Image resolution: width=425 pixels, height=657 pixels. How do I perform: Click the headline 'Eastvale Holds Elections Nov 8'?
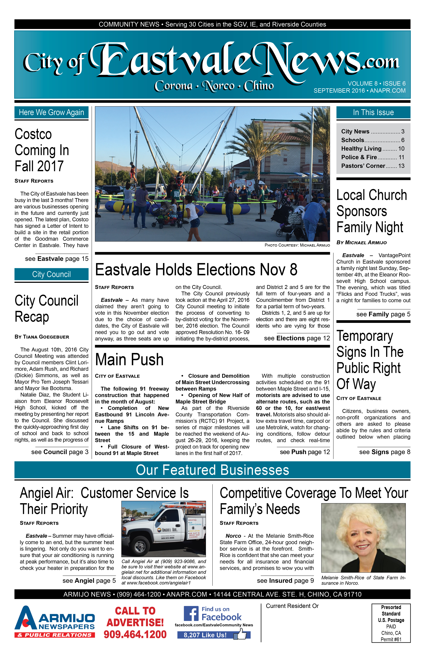196,270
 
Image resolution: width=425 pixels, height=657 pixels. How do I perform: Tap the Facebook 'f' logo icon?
191,614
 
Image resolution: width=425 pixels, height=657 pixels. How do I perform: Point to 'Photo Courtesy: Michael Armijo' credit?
297,245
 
